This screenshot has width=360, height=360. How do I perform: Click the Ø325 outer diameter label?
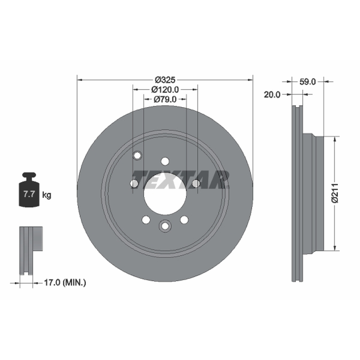[165, 80]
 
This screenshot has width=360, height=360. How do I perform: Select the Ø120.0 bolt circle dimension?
[165, 89]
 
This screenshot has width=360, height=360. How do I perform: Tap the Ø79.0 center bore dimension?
[165, 99]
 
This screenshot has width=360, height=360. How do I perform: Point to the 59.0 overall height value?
[308, 81]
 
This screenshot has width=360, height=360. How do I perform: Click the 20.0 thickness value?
[272, 94]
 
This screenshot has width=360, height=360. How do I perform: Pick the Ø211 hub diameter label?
[335, 193]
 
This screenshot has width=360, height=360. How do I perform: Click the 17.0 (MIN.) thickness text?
[65, 283]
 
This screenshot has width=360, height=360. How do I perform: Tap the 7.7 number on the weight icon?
[29, 194]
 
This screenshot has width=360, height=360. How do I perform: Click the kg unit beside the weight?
[47, 195]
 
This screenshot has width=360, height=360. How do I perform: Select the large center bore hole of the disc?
[165, 194]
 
